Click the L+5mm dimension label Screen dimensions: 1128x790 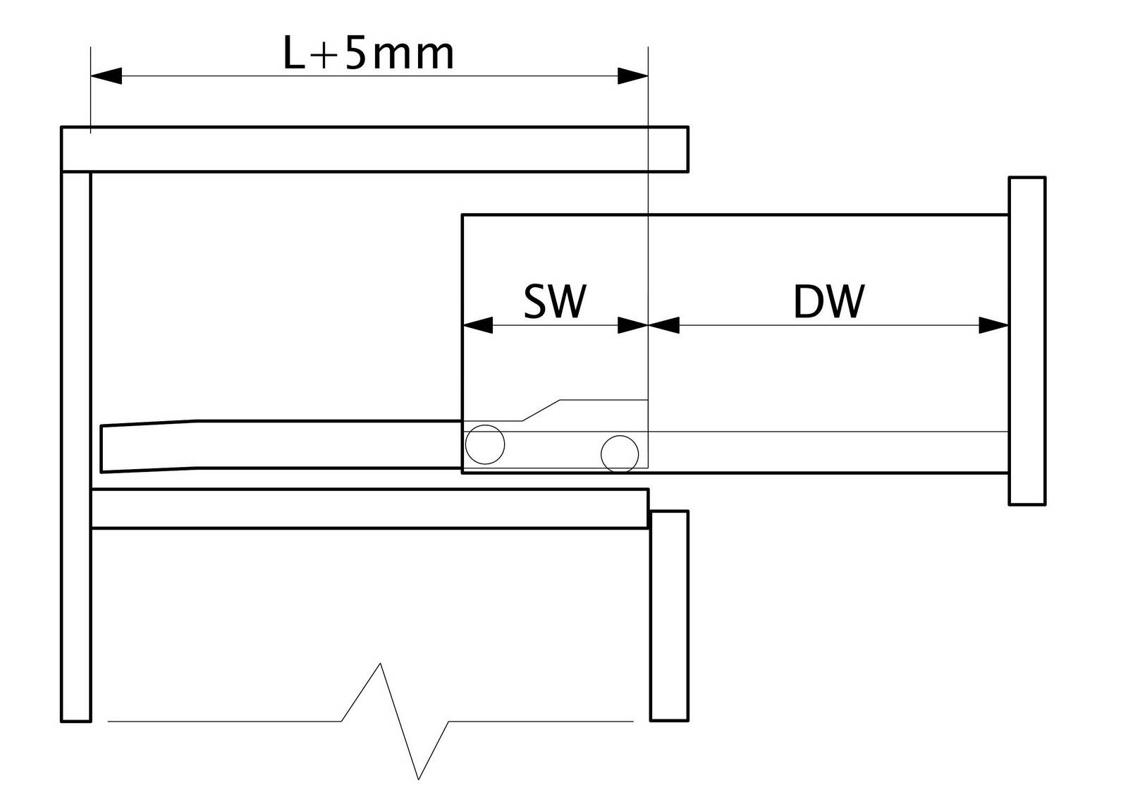pos(369,53)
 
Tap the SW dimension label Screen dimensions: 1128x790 pos(555,302)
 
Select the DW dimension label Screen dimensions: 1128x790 pos(829,302)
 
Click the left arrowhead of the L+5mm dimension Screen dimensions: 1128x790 pos(106,76)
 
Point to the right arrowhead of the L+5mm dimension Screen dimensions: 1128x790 pos(633,76)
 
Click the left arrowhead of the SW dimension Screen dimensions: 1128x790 pos(477,325)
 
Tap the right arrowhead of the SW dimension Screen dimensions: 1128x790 pos(633,325)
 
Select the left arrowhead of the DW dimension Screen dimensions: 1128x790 pos(663,325)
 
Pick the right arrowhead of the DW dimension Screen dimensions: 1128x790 pos(993,325)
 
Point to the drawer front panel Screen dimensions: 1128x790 pos(1027,341)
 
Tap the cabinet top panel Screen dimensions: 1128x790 pos(374,149)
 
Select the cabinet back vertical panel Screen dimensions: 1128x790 pos(76,447)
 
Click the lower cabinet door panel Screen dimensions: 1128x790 pos(669,616)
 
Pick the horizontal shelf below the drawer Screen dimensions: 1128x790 pos(370,509)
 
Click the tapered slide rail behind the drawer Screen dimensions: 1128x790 pos(281,446)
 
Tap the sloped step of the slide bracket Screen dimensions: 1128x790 pos(541,410)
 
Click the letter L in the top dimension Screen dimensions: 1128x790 pos(295,53)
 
